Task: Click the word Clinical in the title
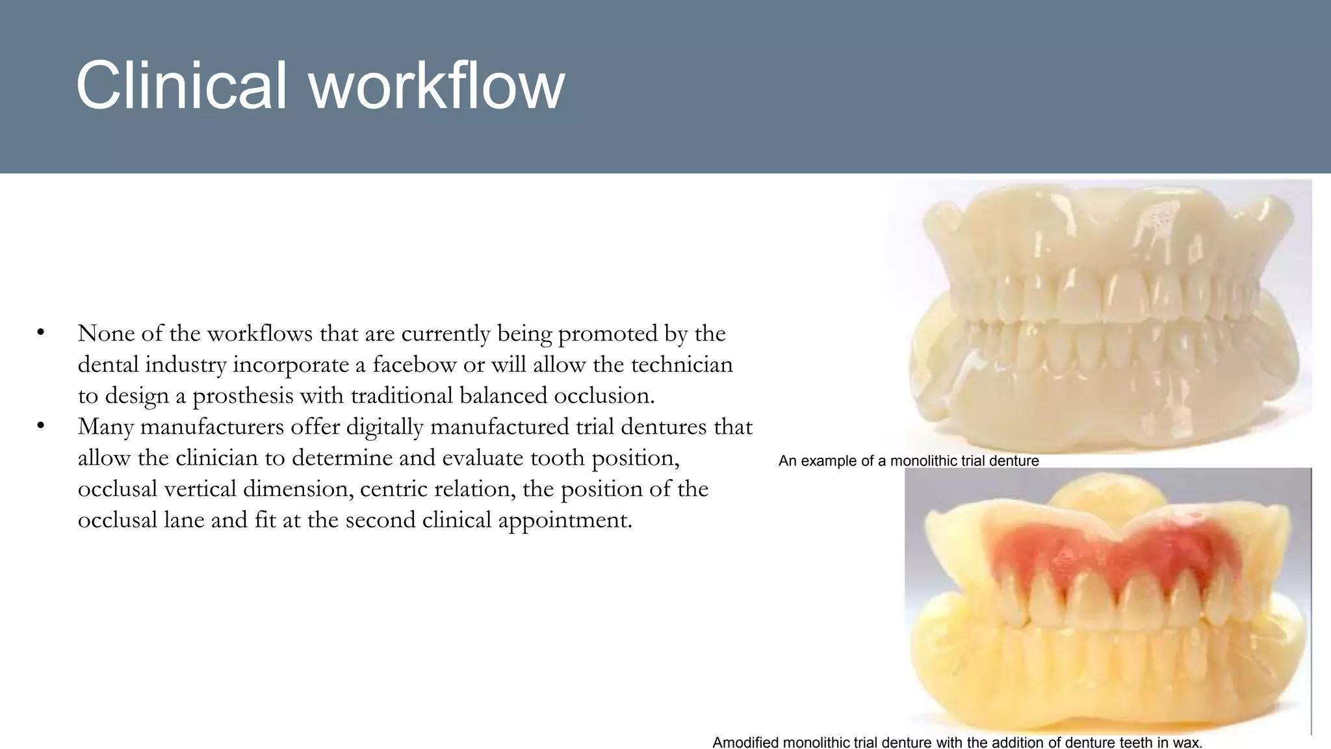coord(181,86)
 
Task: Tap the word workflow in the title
coord(437,86)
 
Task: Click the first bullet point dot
coord(41,332)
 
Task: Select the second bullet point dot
coord(41,426)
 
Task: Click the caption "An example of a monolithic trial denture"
coord(908,461)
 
